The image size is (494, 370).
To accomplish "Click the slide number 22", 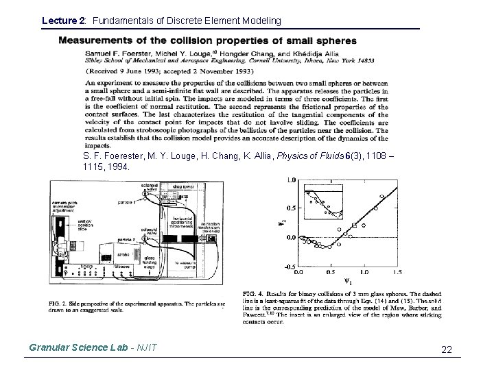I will [x=446, y=350].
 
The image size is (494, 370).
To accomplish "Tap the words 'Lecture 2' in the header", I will [x=61, y=21].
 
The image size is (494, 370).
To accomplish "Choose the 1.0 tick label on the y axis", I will [x=292, y=180].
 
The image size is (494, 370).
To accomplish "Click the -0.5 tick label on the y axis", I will [x=290, y=267].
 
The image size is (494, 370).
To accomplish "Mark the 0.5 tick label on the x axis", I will [x=332, y=273].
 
